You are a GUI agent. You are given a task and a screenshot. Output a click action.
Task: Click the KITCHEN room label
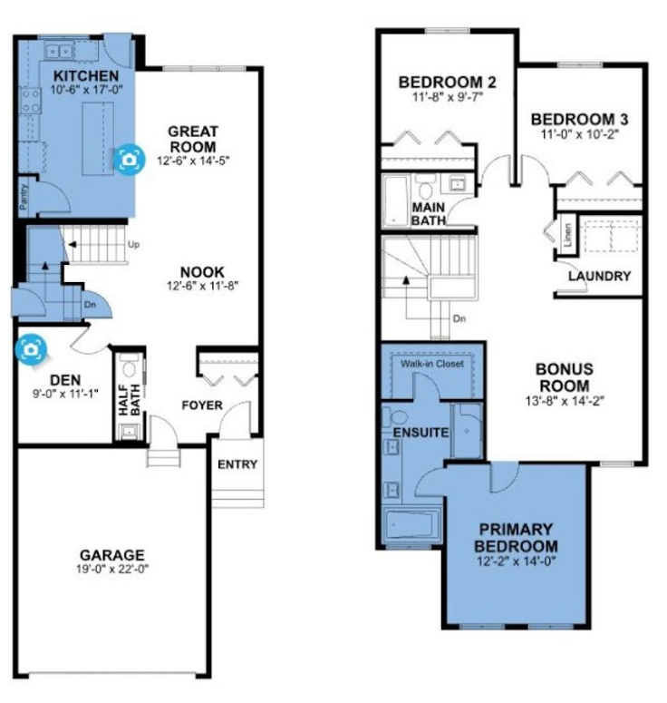(86, 75)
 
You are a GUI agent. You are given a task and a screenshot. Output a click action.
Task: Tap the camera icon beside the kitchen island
(129, 159)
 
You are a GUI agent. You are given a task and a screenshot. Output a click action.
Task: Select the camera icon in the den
(31, 349)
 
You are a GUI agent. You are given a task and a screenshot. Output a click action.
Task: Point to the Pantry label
(24, 196)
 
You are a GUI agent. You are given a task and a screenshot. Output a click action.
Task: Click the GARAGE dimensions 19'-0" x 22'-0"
(112, 569)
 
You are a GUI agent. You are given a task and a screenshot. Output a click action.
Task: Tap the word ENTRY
(237, 464)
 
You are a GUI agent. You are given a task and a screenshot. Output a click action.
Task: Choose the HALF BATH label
(130, 399)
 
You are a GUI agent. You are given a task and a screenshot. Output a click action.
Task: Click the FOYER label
(202, 405)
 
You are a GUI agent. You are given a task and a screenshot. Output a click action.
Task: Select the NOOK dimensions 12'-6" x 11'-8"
(202, 286)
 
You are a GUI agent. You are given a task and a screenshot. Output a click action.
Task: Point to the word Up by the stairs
(133, 244)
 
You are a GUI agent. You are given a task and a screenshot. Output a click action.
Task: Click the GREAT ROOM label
(193, 139)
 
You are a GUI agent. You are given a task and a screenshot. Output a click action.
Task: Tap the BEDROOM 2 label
(447, 82)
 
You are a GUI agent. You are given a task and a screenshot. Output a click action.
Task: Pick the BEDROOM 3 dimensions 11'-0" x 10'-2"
(579, 134)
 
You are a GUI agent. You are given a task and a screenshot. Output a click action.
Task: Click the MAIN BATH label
(429, 214)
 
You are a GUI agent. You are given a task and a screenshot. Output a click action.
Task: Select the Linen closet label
(568, 235)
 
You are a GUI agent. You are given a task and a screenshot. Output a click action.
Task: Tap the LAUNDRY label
(599, 276)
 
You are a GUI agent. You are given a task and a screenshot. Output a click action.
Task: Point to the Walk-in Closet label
(431, 364)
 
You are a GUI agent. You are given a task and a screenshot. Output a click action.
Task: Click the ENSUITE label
(420, 433)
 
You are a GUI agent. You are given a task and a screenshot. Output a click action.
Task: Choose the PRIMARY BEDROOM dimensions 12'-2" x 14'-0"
(516, 561)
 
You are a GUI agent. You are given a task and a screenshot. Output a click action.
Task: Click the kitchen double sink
(59, 51)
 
